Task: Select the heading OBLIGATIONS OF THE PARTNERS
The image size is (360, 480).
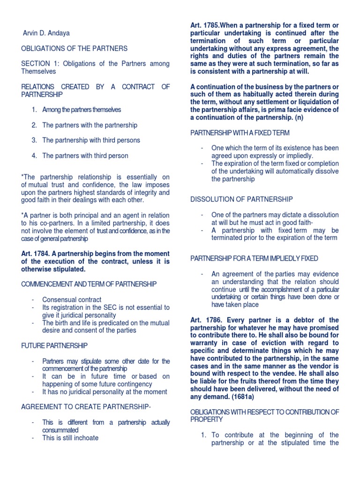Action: coord(74,48)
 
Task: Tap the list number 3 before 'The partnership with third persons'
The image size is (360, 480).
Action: coord(34,140)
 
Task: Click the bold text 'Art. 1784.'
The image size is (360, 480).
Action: coord(37,254)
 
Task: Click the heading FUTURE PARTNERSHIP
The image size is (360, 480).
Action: coord(54,345)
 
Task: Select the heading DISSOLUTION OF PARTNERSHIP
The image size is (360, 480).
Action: coord(241,199)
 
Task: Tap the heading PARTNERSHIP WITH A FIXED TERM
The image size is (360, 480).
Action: coord(240,133)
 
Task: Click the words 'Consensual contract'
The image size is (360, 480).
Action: coord(72,300)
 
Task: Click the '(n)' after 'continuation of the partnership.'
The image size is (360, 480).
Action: coord(299,118)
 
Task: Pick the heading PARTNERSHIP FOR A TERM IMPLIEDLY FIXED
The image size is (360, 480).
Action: coord(254,258)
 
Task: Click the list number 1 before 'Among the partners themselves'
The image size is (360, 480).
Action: coord(34,110)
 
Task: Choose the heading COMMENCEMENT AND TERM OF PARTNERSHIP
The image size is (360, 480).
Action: coord(89,284)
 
